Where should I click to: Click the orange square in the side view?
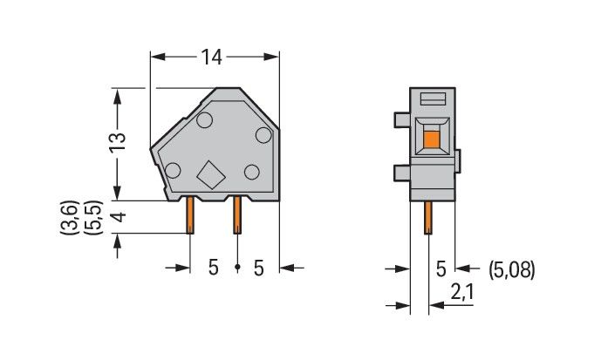click(431, 137)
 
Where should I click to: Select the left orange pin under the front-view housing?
click(190, 216)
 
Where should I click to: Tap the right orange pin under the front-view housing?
click(236, 216)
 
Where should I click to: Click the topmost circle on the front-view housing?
click(206, 119)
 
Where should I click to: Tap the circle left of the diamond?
click(174, 171)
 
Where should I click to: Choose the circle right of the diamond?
click(251, 171)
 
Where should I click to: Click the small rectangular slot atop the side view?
click(433, 98)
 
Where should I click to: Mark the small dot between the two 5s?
click(236, 268)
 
